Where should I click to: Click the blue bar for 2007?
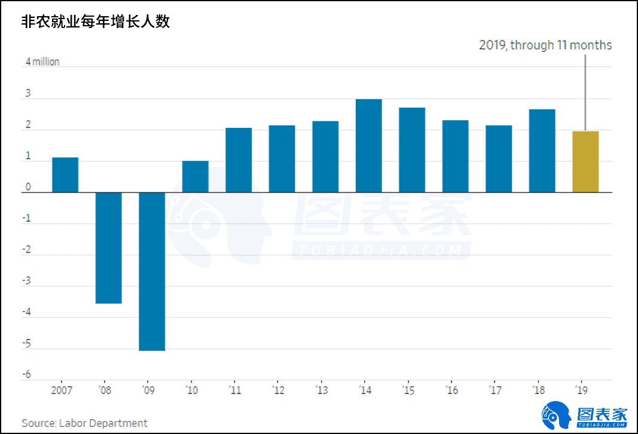click(65, 175)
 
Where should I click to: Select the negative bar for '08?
click(109, 247)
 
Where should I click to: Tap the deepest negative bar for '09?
click(152, 271)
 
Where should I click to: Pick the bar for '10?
click(196, 176)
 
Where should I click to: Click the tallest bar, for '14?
click(369, 145)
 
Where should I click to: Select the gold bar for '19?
click(585, 161)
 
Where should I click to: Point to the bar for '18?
click(542, 151)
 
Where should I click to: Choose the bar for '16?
click(456, 156)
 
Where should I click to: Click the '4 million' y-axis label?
click(42, 62)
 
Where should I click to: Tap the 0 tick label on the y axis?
click(28, 188)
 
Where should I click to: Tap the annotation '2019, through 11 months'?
click(545, 45)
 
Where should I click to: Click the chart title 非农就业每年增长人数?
click(96, 22)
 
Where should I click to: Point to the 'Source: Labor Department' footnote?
click(84, 423)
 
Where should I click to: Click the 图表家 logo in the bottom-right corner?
click(585, 414)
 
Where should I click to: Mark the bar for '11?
click(239, 160)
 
